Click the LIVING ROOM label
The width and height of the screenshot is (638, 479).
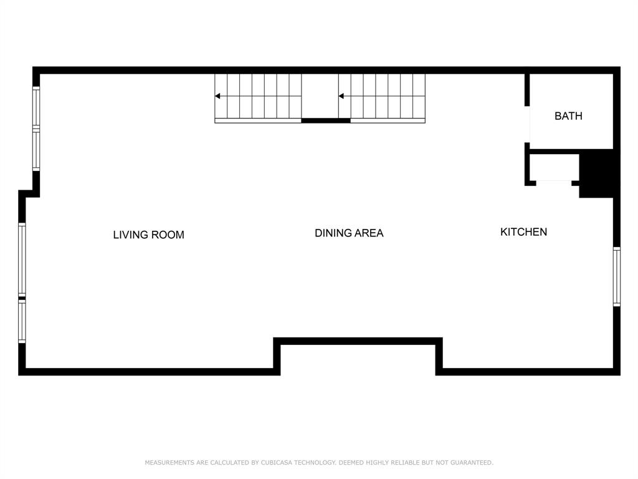coord(148,235)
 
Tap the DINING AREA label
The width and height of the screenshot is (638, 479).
coord(349,233)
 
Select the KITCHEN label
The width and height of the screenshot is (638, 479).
coord(523,232)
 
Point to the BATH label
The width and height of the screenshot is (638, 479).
coord(568,116)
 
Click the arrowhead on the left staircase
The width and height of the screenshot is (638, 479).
coord(217,96)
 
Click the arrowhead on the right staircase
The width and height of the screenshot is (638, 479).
coord(341,96)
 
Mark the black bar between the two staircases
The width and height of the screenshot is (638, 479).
coord(326,120)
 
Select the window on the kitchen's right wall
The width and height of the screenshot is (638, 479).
coord(616,276)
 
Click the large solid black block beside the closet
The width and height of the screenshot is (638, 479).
coord(598,175)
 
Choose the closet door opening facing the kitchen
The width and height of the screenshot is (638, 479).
coord(554,182)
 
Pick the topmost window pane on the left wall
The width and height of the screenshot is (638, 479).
coord(36,107)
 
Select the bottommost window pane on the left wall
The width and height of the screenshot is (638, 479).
coord(22,322)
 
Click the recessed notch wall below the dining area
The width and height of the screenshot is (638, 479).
coord(358,341)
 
